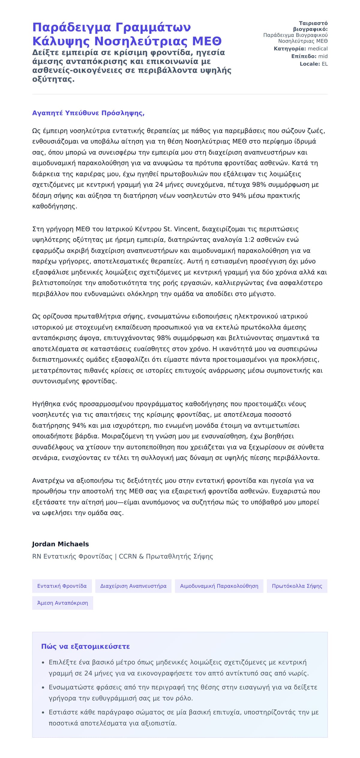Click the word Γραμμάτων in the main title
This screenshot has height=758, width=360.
click(153, 27)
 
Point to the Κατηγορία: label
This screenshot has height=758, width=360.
click(290, 49)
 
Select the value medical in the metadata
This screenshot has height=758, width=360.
click(318, 49)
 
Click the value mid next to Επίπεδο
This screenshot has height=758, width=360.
click(323, 56)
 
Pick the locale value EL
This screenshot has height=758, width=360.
click(325, 64)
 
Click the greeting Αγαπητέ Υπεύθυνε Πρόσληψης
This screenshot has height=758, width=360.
click(88, 113)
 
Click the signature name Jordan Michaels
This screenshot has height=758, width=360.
click(60, 544)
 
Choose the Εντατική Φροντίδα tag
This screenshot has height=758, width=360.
click(62, 586)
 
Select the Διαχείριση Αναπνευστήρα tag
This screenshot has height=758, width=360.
click(133, 586)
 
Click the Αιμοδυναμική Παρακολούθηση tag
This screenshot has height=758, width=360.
click(219, 586)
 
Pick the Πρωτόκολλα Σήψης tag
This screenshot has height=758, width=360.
click(297, 586)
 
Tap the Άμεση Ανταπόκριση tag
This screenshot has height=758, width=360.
click(62, 603)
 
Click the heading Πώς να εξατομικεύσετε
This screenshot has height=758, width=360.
click(85, 646)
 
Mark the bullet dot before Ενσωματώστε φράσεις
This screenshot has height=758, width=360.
click(43, 688)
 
